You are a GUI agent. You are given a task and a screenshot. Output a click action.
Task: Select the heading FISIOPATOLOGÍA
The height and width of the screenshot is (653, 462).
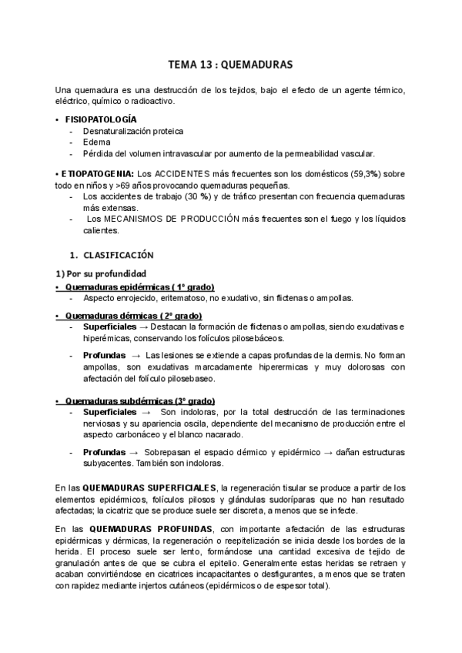click(101, 119)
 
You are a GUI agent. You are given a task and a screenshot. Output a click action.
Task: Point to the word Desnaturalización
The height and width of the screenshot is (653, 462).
click(117, 131)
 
